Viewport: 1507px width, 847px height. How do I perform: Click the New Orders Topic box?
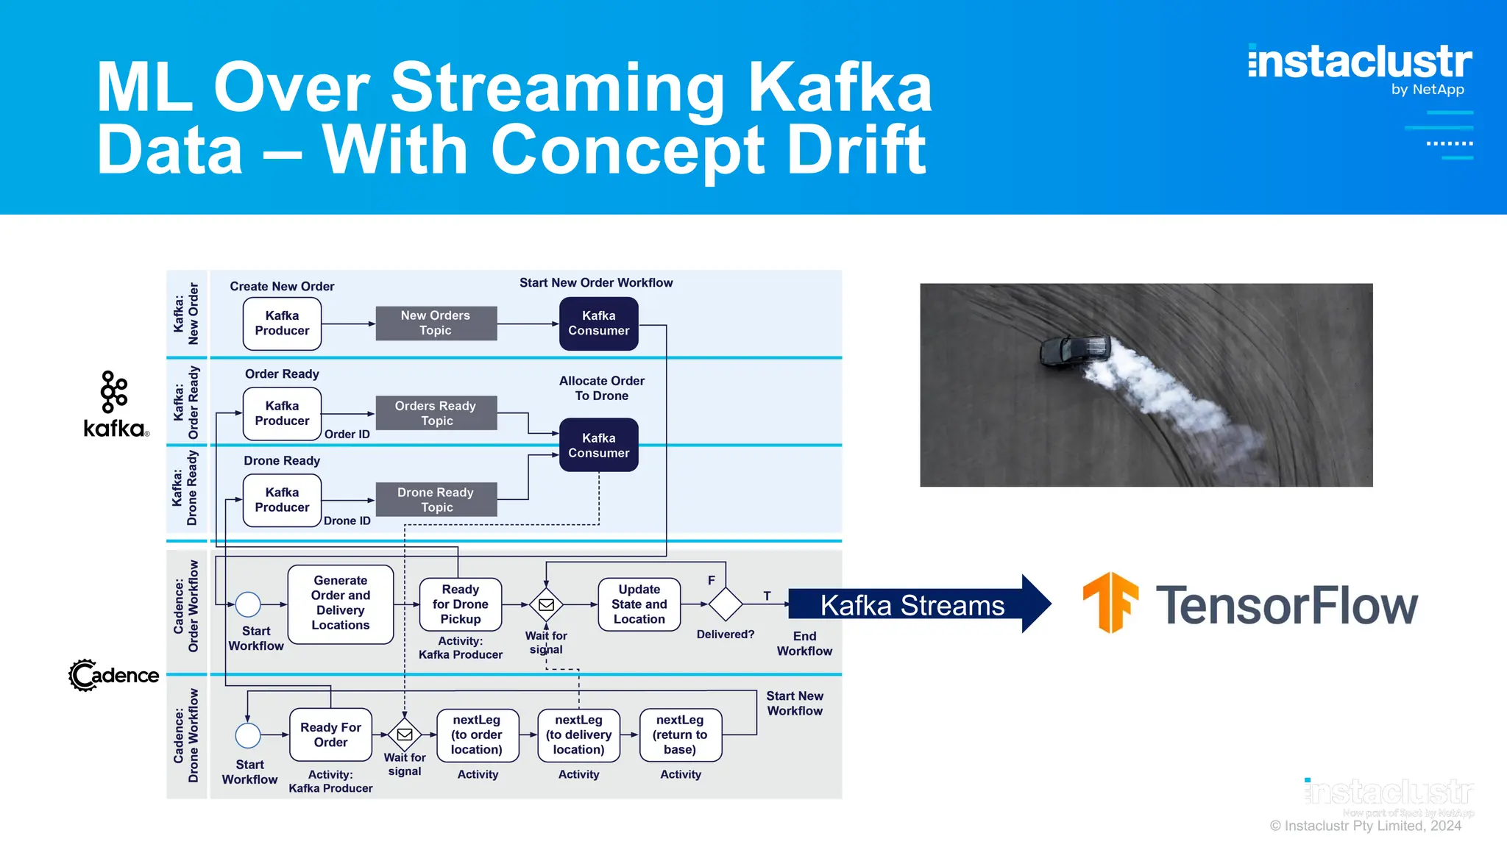(436, 324)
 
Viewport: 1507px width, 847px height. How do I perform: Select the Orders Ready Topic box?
(436, 413)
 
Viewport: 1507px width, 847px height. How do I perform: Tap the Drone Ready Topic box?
(436, 500)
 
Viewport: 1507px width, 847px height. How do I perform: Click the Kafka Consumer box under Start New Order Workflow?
(598, 324)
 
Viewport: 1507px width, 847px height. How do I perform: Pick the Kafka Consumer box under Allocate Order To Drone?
(598, 446)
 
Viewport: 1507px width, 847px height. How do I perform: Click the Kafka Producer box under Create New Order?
(282, 324)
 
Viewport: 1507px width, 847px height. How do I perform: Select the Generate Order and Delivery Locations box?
(340, 604)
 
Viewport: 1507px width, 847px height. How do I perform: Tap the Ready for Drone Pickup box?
(460, 604)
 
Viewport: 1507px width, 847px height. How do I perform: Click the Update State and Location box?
(639, 604)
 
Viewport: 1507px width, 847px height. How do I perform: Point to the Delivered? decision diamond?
(726, 604)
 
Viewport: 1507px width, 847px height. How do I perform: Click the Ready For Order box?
(330, 735)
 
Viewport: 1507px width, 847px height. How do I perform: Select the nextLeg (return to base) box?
(680, 735)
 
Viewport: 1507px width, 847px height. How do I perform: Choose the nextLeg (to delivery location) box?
(578, 735)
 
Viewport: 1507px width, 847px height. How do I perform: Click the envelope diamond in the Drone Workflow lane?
(405, 735)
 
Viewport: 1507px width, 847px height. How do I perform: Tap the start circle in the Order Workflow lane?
(248, 604)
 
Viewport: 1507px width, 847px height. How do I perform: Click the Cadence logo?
(113, 675)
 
